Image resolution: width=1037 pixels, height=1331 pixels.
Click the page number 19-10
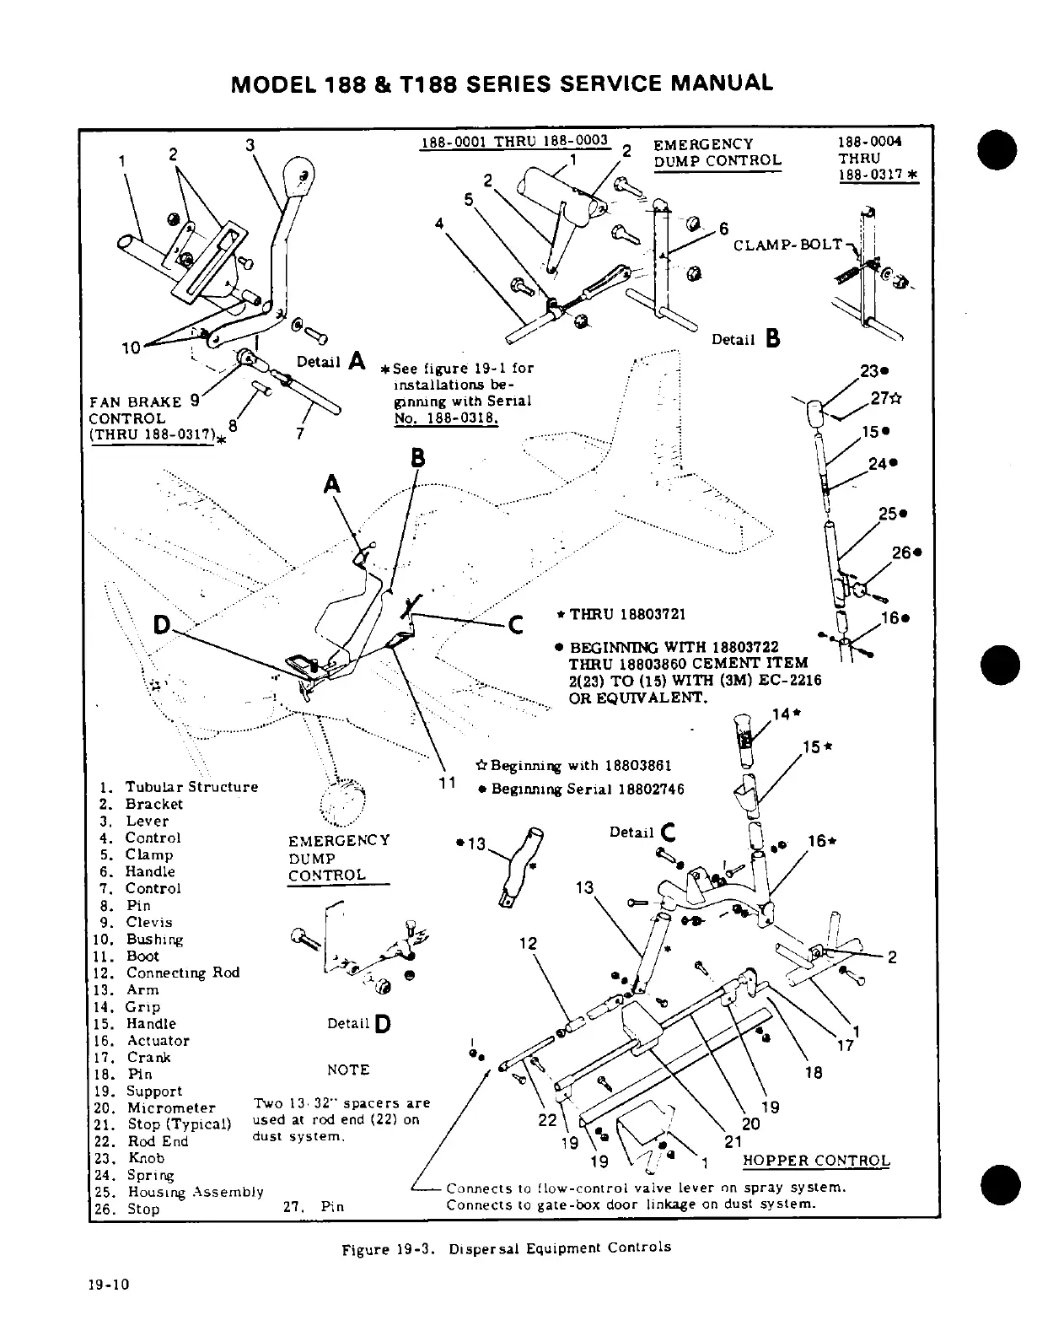[x=109, y=1308]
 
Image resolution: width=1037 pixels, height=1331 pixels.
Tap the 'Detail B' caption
[x=746, y=339]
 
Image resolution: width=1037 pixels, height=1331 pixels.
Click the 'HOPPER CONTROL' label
[x=815, y=1160]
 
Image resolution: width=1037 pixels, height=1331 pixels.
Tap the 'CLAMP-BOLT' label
[x=787, y=245]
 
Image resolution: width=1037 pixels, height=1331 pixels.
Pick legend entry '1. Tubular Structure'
[x=179, y=787]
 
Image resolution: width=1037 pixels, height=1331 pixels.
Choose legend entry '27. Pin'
[x=314, y=1206]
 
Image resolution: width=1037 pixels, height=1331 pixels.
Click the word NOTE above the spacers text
[x=348, y=1070]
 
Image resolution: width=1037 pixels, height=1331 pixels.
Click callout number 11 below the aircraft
[x=448, y=782]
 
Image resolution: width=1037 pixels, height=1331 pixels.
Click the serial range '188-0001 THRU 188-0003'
[x=514, y=141]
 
